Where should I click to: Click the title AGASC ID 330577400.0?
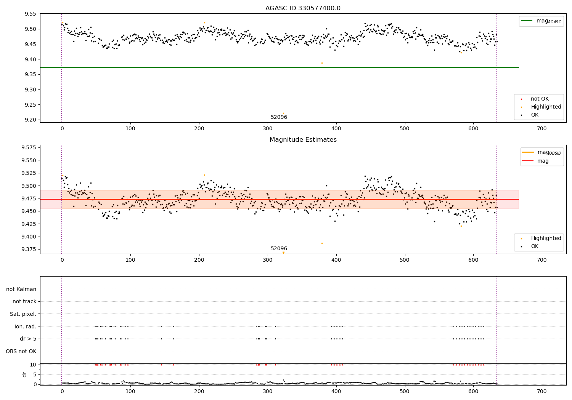coord(303,8)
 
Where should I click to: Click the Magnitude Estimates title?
coord(303,140)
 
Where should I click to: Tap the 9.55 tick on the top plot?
coord(30,14)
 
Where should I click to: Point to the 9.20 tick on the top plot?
coord(30,120)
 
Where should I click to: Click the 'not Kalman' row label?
coord(21,289)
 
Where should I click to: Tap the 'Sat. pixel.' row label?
coord(23,314)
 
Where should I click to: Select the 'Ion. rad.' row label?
coord(25,326)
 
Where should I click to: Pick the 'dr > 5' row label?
coord(28,339)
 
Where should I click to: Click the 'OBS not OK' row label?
coord(21,351)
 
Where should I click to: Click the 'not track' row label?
coord(24,302)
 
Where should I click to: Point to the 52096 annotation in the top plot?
coord(279,117)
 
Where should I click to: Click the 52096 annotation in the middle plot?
coord(279,249)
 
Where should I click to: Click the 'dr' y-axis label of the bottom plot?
coord(25,374)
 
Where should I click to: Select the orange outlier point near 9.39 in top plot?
coord(322,63)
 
